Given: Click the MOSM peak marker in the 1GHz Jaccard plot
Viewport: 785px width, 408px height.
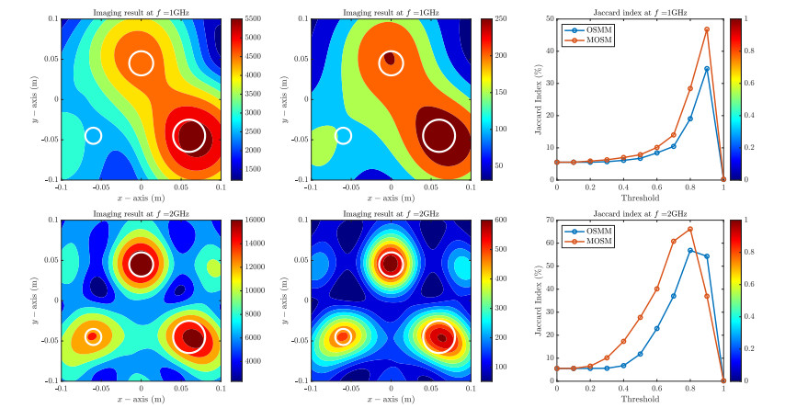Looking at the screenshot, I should click(707, 29).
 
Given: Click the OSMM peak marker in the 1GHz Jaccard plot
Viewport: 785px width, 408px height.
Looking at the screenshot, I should click(707, 68).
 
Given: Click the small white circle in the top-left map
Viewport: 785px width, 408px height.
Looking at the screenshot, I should click(93, 136).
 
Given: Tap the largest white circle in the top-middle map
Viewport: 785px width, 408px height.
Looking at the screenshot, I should click(438, 135).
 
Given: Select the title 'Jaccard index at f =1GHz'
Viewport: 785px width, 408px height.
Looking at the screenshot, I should click(640, 10).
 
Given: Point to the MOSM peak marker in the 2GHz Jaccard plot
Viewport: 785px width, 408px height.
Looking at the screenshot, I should click(690, 229).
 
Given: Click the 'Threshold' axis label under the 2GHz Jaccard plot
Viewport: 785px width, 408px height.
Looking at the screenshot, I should click(640, 401).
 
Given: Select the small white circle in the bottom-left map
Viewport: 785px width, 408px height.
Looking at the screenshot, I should click(93, 336).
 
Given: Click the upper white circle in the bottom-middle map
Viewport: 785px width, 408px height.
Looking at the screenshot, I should click(392, 265).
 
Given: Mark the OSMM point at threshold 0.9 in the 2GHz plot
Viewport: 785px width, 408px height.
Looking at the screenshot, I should click(707, 256).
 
